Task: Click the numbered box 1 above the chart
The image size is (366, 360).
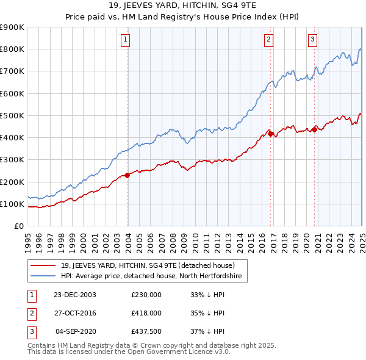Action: pos(125,40)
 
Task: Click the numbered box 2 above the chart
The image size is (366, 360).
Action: pos(268,40)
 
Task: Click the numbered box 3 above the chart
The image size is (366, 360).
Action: pos(312,40)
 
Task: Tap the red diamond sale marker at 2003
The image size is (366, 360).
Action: pos(127,175)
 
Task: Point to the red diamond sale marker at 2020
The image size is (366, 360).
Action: pos(315,129)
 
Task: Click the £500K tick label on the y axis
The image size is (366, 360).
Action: pos(12,115)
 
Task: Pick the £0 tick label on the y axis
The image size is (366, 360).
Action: pos(18,226)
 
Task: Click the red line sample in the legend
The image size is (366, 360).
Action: pos(43,265)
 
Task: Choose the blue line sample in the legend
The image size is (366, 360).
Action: pos(43,276)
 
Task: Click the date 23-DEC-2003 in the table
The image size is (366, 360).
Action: pos(75,295)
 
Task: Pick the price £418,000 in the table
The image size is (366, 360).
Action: pos(146,313)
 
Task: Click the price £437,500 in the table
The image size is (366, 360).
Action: pos(146,331)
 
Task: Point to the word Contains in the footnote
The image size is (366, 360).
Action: pos(42,345)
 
